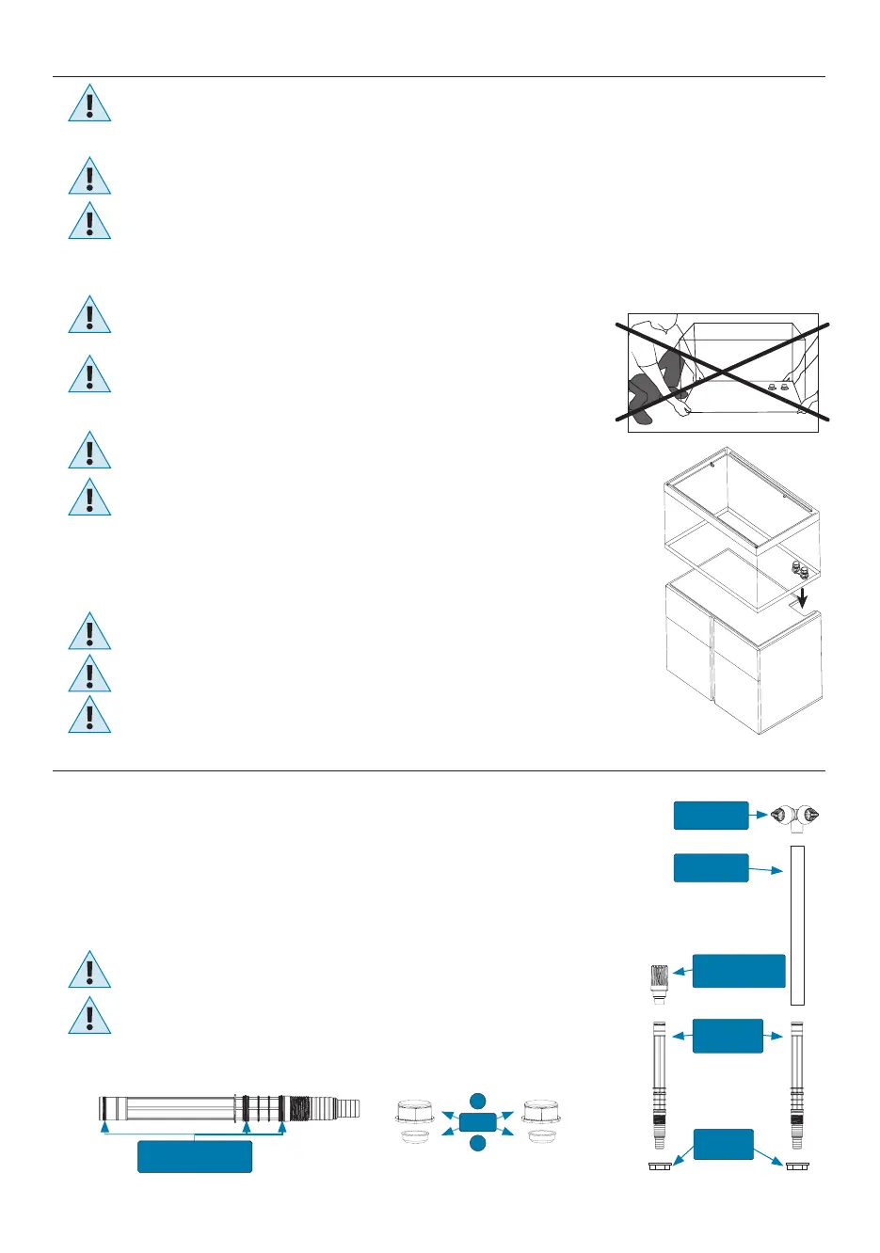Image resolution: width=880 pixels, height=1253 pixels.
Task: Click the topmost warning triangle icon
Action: pos(89,103)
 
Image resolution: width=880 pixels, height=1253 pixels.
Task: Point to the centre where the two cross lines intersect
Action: pos(723,373)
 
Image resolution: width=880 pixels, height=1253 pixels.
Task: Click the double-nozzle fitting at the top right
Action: pos(795,817)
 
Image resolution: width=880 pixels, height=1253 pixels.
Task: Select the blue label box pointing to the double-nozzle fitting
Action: pos(711,816)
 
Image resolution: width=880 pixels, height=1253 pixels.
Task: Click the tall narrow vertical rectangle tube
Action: pos(798,925)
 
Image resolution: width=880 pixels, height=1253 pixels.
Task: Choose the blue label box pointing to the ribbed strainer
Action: pos(738,971)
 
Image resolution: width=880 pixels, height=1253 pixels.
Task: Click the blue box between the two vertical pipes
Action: pos(727,1035)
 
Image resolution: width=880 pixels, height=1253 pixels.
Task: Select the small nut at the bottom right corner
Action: pos(798,1166)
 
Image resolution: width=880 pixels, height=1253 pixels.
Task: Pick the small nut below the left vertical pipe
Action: pos(659,1166)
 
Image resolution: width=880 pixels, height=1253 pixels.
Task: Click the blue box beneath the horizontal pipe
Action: pos(195,1156)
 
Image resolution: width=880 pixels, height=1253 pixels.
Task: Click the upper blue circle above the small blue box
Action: pos(478,1101)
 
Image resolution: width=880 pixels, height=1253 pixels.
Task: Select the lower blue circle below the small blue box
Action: pos(478,1143)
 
